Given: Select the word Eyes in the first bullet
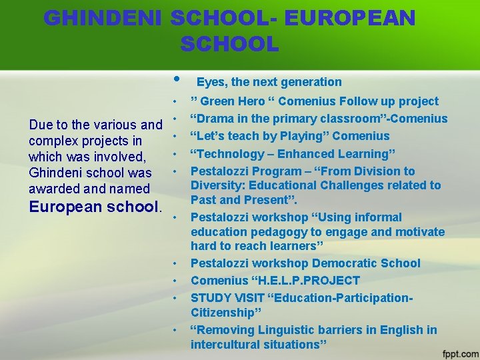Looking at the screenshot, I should point(211,82).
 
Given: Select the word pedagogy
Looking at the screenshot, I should point(275,232).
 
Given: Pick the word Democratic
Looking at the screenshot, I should point(347,263).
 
